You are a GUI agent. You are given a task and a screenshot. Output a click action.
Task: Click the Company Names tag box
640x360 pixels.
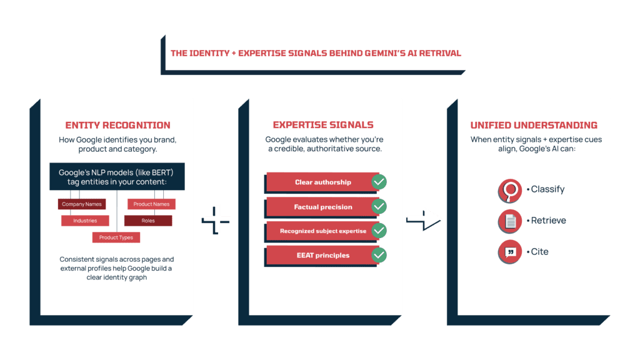coord(82,204)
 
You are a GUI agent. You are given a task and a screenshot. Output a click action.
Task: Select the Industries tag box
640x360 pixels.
coord(85,221)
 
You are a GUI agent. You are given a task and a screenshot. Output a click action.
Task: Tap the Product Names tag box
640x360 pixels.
coord(152,204)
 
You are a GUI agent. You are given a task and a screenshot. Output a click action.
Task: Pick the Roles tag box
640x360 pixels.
coord(148,221)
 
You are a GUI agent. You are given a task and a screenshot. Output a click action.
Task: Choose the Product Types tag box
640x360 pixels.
coord(116,237)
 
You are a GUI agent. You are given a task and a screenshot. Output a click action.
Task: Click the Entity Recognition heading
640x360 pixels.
coord(117,125)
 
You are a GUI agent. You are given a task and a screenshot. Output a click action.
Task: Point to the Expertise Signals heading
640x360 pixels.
coord(323,125)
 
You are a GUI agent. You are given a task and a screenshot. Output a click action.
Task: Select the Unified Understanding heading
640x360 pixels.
coord(534,125)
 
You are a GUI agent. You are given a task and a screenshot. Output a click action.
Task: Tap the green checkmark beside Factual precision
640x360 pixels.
coord(379,206)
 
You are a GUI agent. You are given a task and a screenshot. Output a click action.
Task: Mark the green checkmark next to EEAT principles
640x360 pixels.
coord(379,255)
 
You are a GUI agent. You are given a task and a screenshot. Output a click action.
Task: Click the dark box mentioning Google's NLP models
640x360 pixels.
coord(117,177)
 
